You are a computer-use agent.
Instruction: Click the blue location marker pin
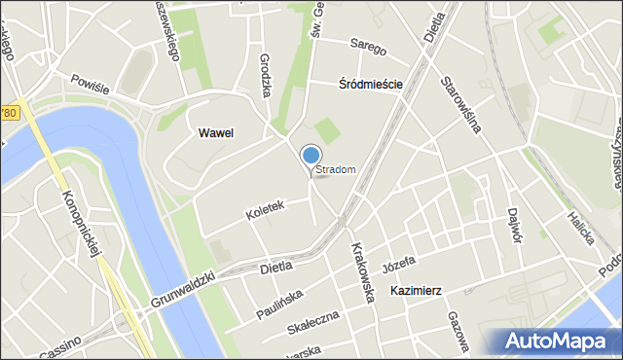click(x=311, y=156)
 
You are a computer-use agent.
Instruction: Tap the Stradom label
click(x=336, y=170)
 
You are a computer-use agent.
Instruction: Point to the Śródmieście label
click(x=371, y=85)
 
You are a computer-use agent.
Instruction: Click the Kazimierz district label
click(x=417, y=291)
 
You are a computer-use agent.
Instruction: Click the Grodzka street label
click(x=266, y=72)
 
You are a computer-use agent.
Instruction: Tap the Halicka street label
click(x=582, y=227)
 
